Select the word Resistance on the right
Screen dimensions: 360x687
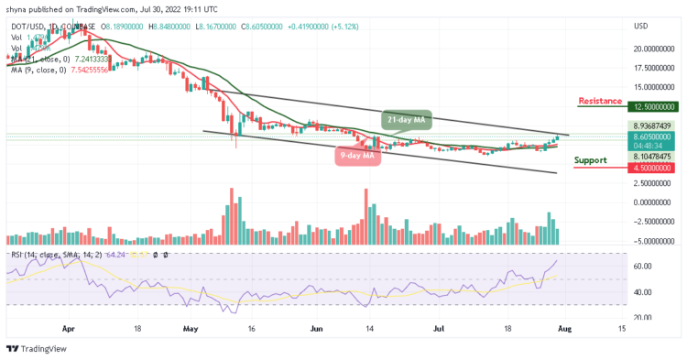point(600,101)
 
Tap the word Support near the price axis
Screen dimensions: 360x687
point(590,160)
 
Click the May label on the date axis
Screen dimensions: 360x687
point(190,327)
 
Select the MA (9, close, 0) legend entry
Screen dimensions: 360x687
point(46,68)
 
